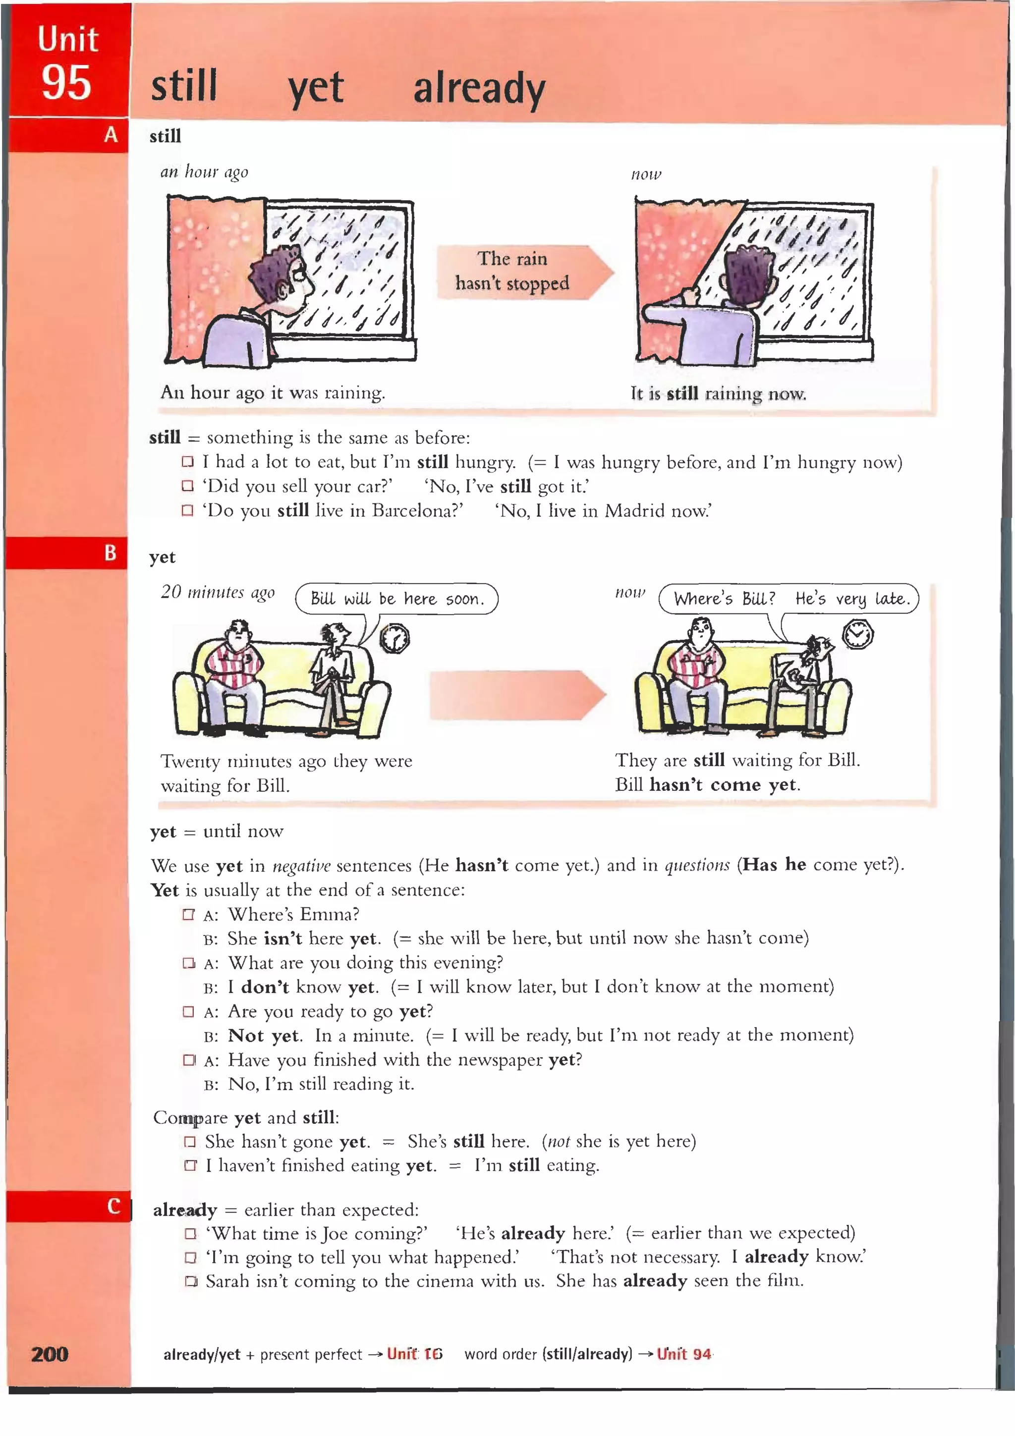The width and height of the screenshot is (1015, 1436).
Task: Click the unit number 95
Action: [x=66, y=83]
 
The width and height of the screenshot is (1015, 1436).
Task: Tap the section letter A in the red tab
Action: [x=111, y=134]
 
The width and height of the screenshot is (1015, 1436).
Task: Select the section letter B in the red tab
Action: [x=110, y=553]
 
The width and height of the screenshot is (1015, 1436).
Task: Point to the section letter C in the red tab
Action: [x=113, y=1206]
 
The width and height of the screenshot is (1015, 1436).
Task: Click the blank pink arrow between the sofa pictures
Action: [x=516, y=695]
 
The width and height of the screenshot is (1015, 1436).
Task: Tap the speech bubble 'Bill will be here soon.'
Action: [x=396, y=599]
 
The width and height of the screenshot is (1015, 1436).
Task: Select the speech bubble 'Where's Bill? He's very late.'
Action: [x=789, y=599]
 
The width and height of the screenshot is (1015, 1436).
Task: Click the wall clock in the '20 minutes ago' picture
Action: [x=395, y=639]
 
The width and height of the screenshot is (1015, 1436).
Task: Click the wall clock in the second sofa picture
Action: [x=857, y=635]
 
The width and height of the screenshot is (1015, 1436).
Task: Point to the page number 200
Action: [x=50, y=1354]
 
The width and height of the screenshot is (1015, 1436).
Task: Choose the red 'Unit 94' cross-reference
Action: [x=683, y=1354]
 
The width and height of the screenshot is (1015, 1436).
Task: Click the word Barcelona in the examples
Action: [x=417, y=511]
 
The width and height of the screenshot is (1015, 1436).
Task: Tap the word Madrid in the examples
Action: [x=634, y=511]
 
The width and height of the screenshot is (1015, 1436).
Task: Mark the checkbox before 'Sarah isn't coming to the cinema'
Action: [x=191, y=1281]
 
